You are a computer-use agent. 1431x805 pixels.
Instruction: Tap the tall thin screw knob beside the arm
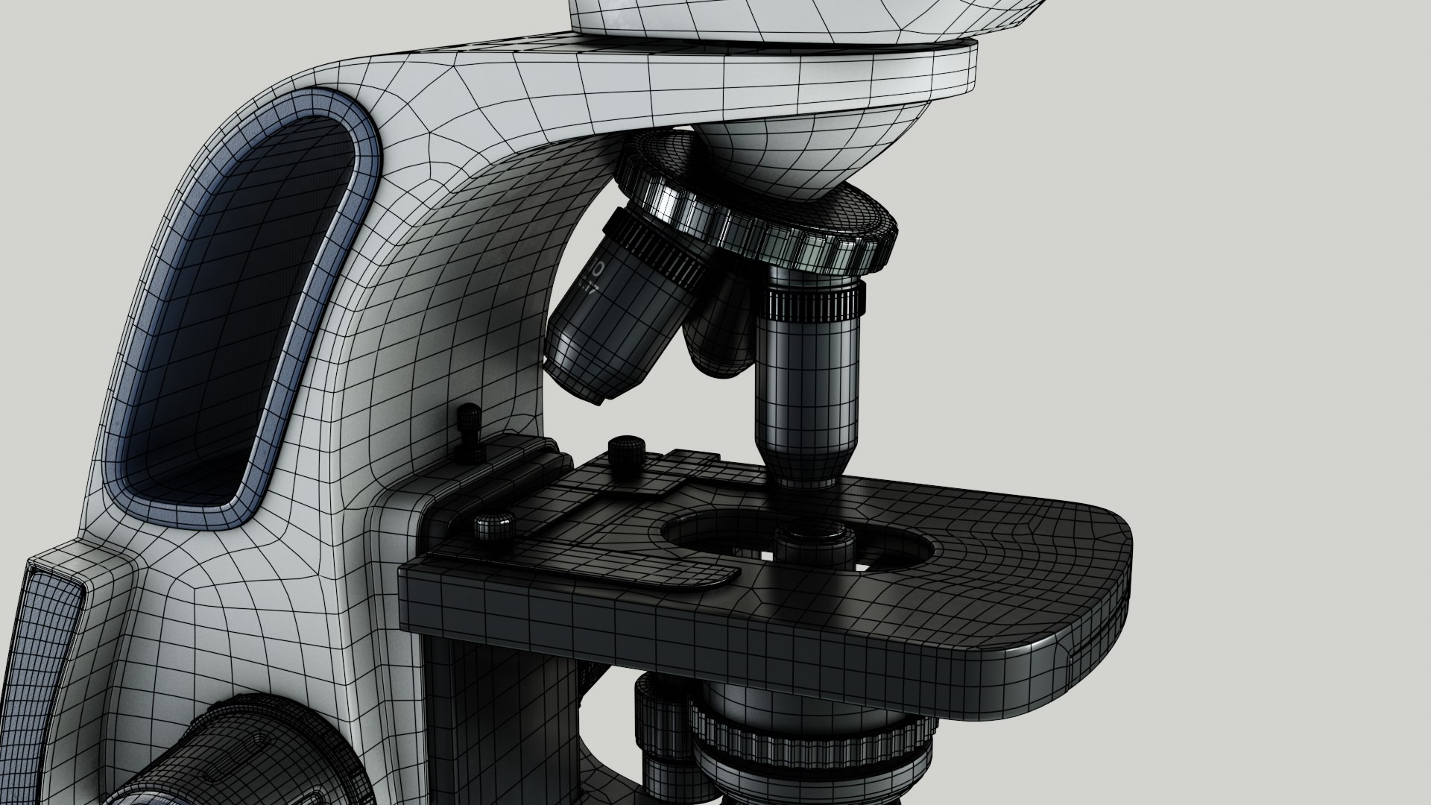470,432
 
